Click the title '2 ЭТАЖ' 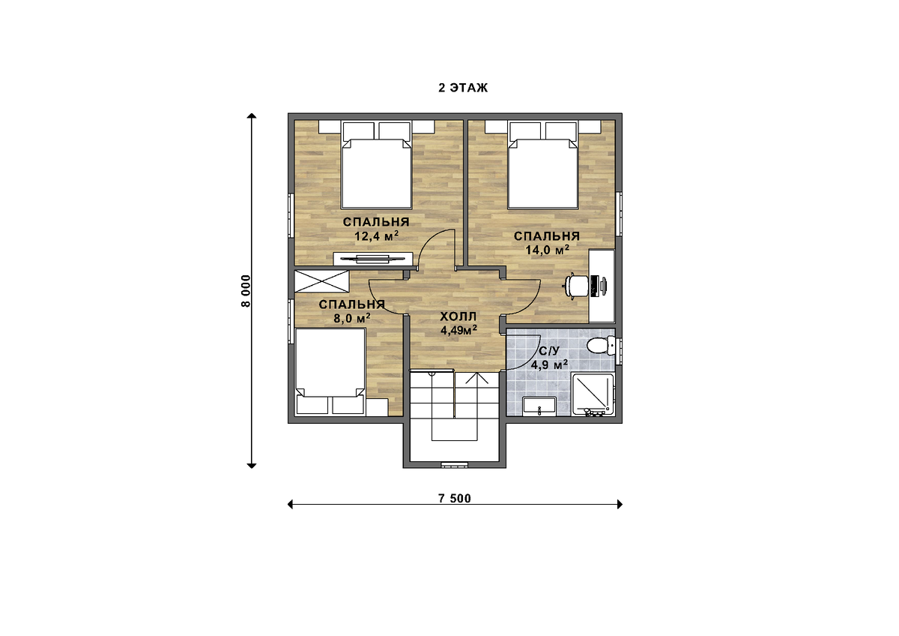pos(463,88)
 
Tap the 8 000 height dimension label pos(246,291)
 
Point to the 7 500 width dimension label pos(455,499)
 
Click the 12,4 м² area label pos(376,235)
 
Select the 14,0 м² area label pos(548,250)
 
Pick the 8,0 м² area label pos(352,319)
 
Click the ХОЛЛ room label pos(458,316)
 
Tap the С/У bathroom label pos(548,352)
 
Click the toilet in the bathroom pos(601,345)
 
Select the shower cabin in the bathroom pos(593,394)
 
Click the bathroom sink pos(539,406)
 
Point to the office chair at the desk pos(577,286)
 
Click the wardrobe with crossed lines pos(321,282)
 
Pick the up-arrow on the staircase pos(476,379)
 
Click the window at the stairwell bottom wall pos(454,465)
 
